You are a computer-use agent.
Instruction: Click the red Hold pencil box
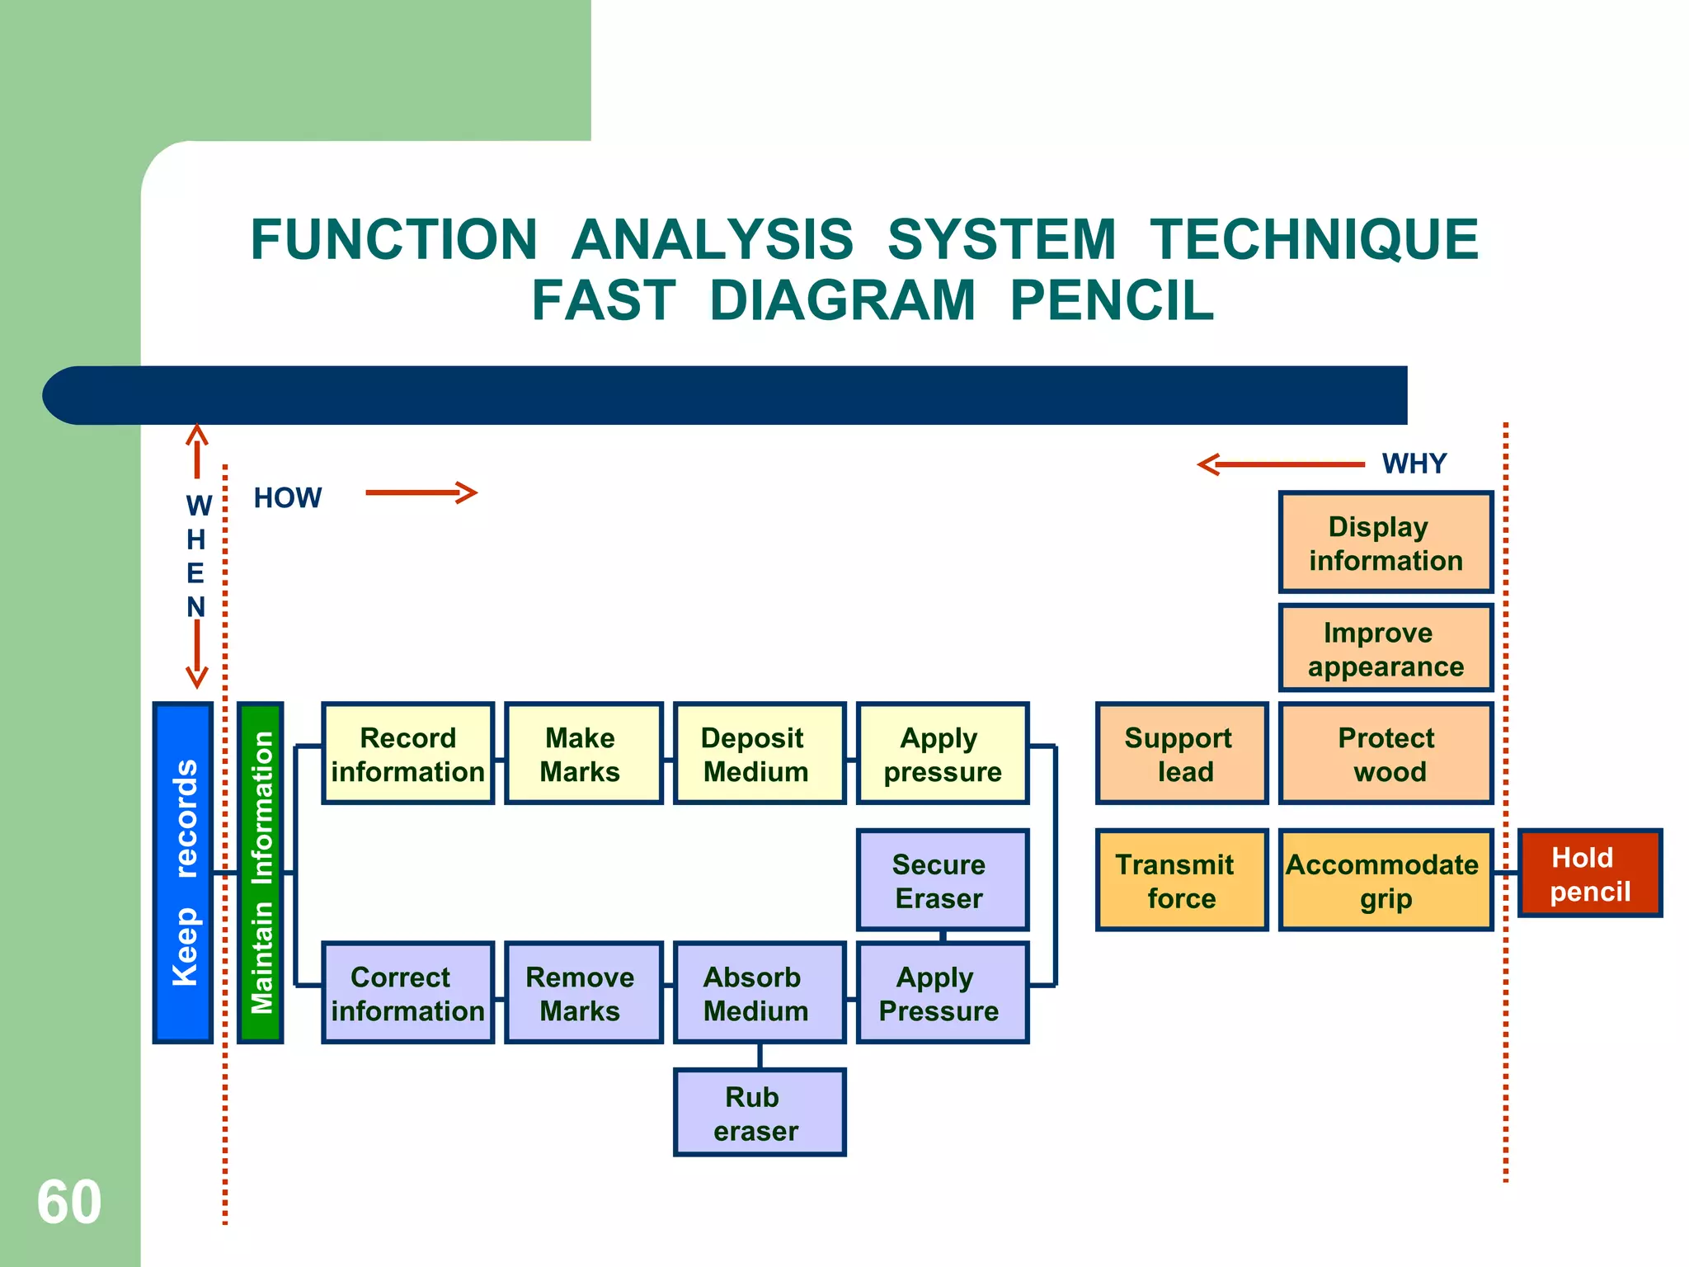tap(1589, 874)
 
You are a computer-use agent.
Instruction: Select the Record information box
tap(407, 754)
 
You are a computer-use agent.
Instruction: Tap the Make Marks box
tap(583, 754)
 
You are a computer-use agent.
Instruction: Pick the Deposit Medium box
tap(759, 754)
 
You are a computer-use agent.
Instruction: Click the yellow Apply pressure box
tap(943, 754)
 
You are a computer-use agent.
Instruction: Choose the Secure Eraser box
tap(943, 880)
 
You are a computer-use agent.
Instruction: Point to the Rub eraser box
tap(759, 1113)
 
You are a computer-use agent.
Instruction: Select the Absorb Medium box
tap(759, 993)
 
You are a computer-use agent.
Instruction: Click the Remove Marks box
tap(583, 993)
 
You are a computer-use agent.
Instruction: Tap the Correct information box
tap(407, 993)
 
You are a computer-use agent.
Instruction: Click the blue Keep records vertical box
tap(183, 873)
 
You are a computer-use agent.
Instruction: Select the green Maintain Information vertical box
tap(261, 873)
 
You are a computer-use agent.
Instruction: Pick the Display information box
tap(1386, 543)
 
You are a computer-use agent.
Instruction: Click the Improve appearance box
tap(1386, 648)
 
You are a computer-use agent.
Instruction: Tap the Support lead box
tap(1181, 754)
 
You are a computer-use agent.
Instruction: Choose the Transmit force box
tap(1181, 880)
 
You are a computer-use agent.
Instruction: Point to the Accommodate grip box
tap(1386, 880)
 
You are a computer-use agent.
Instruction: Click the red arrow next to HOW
tap(421, 493)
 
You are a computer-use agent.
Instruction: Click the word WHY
tap(1414, 464)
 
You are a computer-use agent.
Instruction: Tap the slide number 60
tap(69, 1202)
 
